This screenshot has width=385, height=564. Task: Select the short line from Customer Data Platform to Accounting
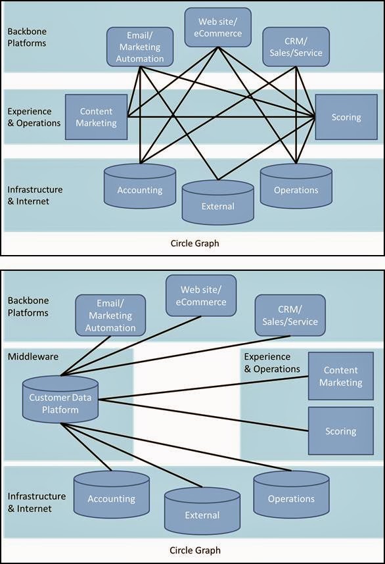[86, 448]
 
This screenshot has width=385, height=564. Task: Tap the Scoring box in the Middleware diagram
[340, 431]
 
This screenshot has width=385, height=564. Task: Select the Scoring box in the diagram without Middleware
[346, 117]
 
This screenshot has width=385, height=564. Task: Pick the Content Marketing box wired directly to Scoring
[96, 117]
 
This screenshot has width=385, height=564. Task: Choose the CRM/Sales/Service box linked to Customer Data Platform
[289, 316]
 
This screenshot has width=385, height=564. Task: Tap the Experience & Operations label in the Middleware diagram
[272, 362]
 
